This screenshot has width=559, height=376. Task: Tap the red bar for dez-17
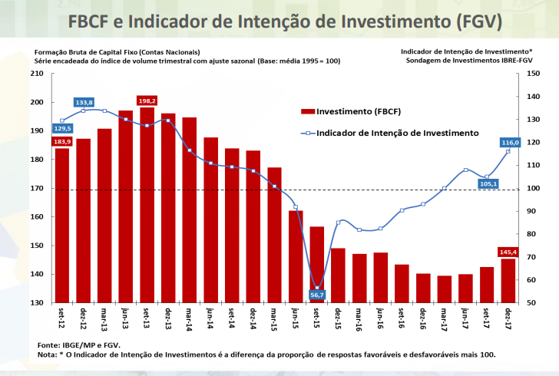click(508, 280)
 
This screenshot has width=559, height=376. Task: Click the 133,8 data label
click(84, 102)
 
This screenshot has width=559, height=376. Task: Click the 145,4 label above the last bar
click(508, 252)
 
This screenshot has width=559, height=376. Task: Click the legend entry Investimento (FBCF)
click(353, 111)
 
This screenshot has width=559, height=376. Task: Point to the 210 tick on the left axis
click(37, 74)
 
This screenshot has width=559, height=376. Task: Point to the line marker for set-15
click(317, 287)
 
